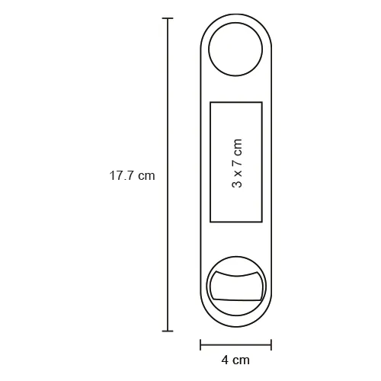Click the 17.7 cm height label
tap(132, 176)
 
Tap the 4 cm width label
tap(235, 360)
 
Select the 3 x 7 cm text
tap(237, 163)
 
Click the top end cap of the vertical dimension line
tap(168, 18)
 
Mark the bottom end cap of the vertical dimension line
tap(168, 331)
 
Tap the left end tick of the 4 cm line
tap(200, 344)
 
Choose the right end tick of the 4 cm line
tap(271, 344)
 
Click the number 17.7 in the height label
tap(121, 176)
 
